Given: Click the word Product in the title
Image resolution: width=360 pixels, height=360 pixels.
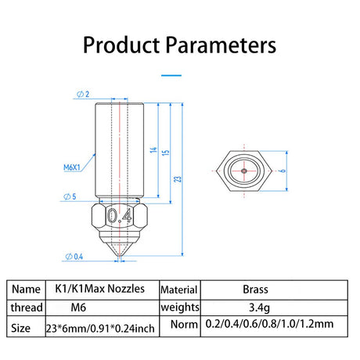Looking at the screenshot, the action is click(121, 45).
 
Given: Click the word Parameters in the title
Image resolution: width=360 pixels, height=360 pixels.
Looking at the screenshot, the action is click(221, 45).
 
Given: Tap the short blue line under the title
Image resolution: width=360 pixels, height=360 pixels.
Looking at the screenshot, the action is click(171, 75).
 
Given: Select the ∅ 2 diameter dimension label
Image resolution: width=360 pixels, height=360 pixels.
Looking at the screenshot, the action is click(83, 94).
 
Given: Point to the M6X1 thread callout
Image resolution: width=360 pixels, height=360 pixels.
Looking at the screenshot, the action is click(72, 167).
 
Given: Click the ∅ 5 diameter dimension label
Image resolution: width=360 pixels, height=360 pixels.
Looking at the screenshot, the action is click(70, 196).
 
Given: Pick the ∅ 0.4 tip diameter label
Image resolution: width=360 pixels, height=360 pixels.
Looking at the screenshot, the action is click(74, 257).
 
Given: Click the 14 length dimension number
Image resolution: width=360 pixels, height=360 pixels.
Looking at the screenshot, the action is click(153, 149).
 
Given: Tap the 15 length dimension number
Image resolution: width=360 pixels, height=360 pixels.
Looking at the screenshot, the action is click(166, 153).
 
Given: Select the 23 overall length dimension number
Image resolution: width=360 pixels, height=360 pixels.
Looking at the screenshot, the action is click(178, 179).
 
